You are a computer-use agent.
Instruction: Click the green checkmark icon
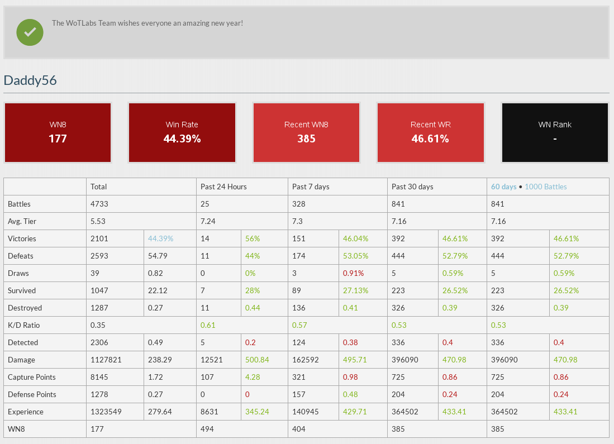(x=30, y=32)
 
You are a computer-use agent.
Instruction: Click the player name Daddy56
(x=30, y=80)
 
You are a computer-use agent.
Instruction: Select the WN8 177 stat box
(x=58, y=132)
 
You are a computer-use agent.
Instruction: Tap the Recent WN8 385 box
(x=306, y=132)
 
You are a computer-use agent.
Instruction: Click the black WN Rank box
(x=555, y=132)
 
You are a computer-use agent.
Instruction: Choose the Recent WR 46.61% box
(x=430, y=132)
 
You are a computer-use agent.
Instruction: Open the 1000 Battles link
(x=545, y=187)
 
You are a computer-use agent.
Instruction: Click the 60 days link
(x=503, y=187)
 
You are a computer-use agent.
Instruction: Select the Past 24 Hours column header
(x=223, y=187)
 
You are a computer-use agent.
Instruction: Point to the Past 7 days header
(x=311, y=187)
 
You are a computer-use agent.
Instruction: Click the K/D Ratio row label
(x=24, y=325)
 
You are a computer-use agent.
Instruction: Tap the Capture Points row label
(x=32, y=377)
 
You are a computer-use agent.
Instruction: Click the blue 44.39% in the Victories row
(x=160, y=238)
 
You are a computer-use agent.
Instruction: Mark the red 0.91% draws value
(x=353, y=273)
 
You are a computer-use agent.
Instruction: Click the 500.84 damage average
(x=257, y=360)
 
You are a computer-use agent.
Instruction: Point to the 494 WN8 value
(x=207, y=429)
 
